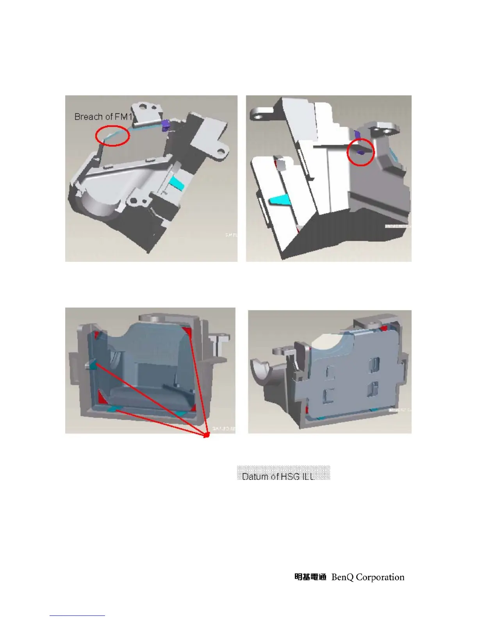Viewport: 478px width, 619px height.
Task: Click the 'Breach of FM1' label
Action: click(x=103, y=116)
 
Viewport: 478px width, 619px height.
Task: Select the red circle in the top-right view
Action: click(x=360, y=152)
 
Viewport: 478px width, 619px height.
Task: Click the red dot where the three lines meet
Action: click(x=207, y=435)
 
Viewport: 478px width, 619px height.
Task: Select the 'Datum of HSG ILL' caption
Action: click(x=278, y=476)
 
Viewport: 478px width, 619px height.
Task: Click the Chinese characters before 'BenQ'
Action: click(x=310, y=577)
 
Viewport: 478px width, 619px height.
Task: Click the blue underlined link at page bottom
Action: click(x=77, y=615)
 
